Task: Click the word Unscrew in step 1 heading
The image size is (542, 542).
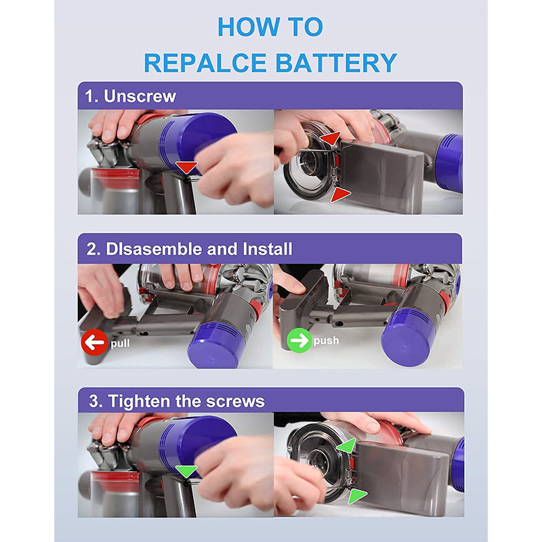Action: [140, 96]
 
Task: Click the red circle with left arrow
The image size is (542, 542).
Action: [94, 342]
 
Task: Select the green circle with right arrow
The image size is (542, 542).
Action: [298, 340]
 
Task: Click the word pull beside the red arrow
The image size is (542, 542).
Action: [120, 343]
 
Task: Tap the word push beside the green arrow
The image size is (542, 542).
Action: [326, 341]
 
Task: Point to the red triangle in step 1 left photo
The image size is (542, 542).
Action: [187, 167]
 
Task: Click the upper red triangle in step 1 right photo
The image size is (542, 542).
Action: [330, 139]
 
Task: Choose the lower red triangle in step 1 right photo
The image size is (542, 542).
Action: [339, 194]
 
